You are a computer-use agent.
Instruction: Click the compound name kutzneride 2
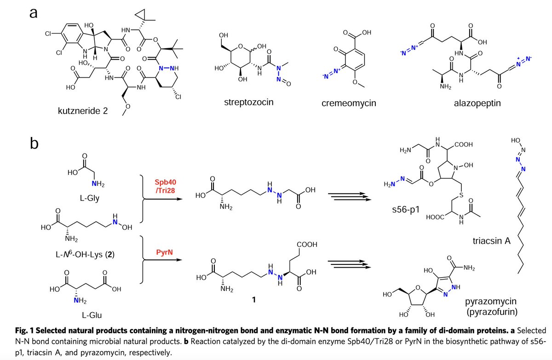tap(82, 111)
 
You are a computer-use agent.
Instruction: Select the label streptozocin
tap(248, 102)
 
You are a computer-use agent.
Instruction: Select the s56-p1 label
tap(403, 213)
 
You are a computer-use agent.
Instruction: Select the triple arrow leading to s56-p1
tap(348, 197)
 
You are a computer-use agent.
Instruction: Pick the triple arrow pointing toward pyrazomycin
tap(348, 263)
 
